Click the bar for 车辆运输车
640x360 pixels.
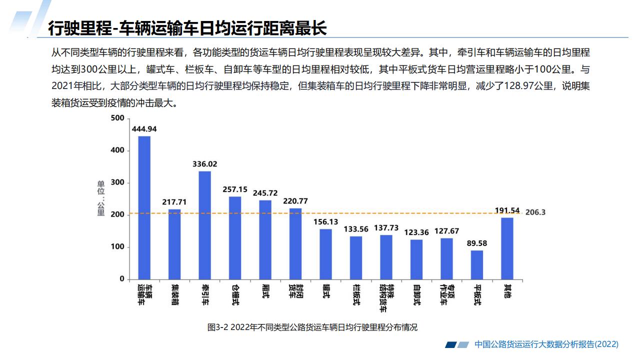click(x=144, y=207)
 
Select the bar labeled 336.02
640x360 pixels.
click(x=204, y=225)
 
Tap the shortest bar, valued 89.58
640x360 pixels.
click(x=477, y=264)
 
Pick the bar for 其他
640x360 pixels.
click(x=507, y=248)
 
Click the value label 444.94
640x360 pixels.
click(x=144, y=129)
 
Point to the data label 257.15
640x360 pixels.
click(x=235, y=189)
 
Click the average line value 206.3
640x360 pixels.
click(x=535, y=212)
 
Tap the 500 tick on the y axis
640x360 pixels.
click(x=117, y=118)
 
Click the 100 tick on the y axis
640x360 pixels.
click(x=117, y=247)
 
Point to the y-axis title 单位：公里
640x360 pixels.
click(x=101, y=198)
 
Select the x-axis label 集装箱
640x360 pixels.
click(x=174, y=294)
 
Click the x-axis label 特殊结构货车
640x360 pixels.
click(x=386, y=294)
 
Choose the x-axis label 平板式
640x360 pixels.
click(x=477, y=294)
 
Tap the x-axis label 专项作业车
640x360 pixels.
click(x=446, y=294)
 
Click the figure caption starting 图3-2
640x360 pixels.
click(x=312, y=328)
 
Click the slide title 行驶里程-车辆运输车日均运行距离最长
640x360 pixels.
click(x=187, y=28)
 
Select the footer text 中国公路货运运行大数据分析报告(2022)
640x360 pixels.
click(x=546, y=344)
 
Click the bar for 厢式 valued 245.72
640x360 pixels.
click(x=265, y=239)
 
